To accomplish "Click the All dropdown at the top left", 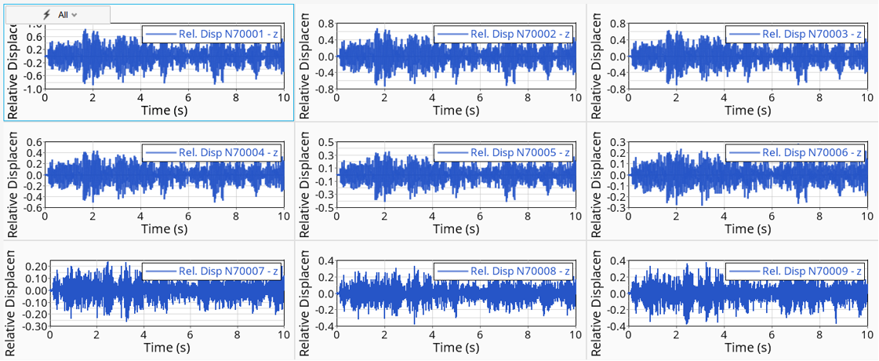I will tap(67, 15).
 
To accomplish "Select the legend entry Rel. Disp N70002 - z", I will tap(503, 35).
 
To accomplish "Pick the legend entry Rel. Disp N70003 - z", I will tap(795, 35).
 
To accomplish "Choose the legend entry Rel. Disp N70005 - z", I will tap(503, 153).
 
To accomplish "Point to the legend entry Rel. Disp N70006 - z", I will tap(795, 153).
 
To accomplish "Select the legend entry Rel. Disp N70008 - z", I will tap(503, 272).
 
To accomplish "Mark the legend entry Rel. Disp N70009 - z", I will tap(795, 272).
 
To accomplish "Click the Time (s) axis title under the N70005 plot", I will tap(457, 229).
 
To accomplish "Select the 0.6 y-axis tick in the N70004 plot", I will tap(35, 143).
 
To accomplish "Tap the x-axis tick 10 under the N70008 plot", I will tap(575, 334).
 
